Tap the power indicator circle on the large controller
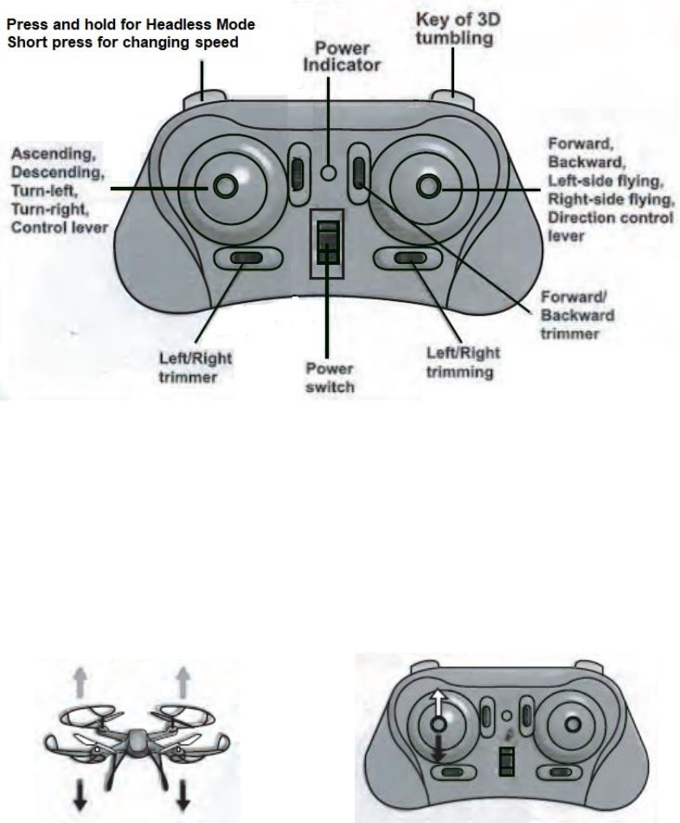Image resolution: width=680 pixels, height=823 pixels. pyautogui.click(x=328, y=172)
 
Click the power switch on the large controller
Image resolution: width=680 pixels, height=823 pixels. pyautogui.click(x=327, y=243)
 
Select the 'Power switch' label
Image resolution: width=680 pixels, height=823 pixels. pyautogui.click(x=329, y=378)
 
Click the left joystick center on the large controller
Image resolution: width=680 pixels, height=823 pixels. pyautogui.click(x=225, y=185)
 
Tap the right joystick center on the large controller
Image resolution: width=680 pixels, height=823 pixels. pyautogui.click(x=427, y=185)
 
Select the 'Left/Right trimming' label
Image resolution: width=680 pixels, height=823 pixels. pyautogui.click(x=464, y=363)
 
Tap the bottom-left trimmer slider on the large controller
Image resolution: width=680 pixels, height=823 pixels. pyautogui.click(x=247, y=257)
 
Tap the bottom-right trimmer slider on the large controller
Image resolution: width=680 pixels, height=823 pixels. pyautogui.click(x=410, y=257)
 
